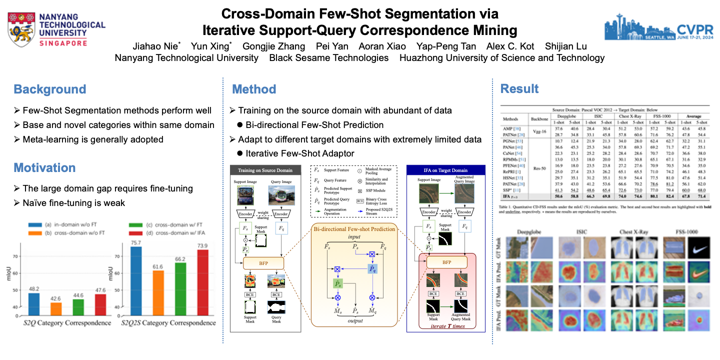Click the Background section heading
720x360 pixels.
(50, 89)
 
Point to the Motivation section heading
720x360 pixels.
(44, 167)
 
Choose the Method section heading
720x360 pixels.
(254, 89)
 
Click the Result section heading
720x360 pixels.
(519, 89)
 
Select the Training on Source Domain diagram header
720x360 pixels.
(265, 170)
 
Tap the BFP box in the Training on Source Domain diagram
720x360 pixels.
(263, 263)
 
